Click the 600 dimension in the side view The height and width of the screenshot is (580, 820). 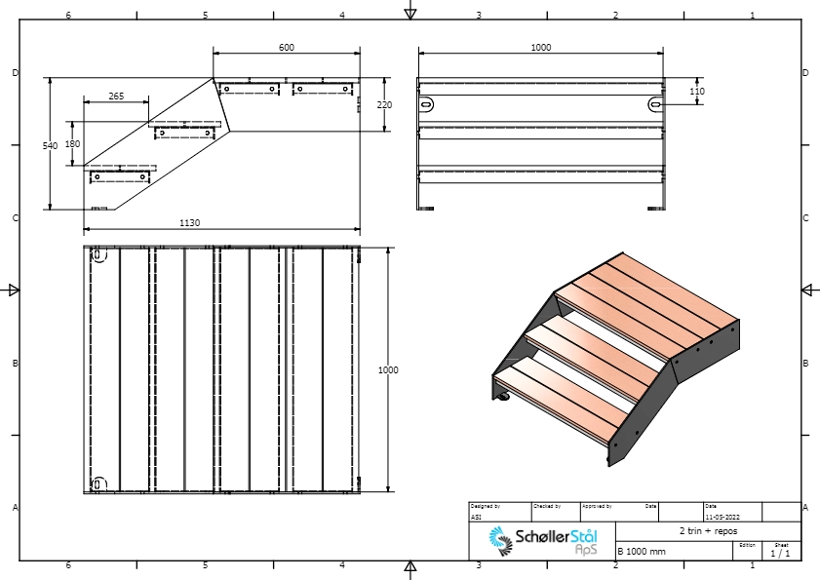(286, 48)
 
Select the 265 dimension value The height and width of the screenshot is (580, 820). (116, 97)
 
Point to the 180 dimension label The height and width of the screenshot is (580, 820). (72, 143)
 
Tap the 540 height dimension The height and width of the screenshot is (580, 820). (50, 144)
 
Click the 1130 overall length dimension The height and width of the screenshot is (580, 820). (190, 223)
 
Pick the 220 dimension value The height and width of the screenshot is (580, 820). (384, 104)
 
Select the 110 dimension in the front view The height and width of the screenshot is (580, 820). (697, 92)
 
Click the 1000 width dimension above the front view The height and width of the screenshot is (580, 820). (540, 48)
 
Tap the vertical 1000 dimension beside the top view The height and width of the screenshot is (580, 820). (388, 370)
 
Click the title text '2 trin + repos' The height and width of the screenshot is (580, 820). (707, 532)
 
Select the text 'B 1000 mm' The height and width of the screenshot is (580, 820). (642, 552)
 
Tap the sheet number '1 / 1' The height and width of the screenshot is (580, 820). (780, 554)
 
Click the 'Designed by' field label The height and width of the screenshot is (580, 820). (485, 506)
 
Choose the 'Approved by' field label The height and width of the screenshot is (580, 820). (597, 506)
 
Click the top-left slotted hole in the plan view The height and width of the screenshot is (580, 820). (98, 255)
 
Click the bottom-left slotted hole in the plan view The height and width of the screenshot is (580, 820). (98, 483)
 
